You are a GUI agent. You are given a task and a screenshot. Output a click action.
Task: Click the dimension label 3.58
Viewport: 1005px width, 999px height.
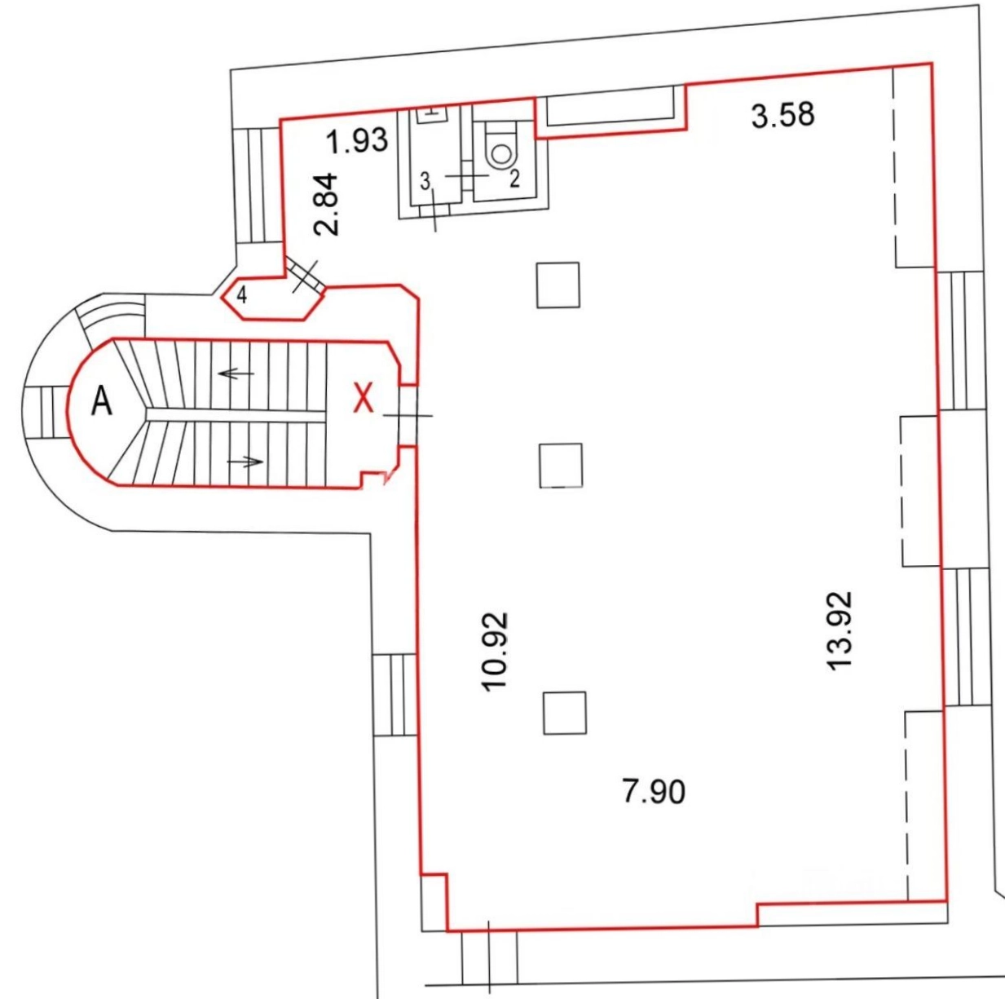click(x=782, y=115)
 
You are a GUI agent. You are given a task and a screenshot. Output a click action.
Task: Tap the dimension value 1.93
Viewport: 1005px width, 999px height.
click(x=357, y=141)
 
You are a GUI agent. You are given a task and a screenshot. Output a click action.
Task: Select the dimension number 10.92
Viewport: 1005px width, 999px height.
click(x=495, y=652)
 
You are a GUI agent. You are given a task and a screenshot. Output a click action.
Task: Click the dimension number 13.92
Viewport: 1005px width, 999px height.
click(x=840, y=630)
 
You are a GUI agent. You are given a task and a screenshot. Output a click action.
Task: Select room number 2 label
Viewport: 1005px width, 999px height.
click(x=514, y=179)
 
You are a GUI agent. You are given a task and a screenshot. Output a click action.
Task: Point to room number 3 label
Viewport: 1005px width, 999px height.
click(x=425, y=182)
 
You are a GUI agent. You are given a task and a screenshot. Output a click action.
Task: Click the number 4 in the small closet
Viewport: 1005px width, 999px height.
click(x=241, y=295)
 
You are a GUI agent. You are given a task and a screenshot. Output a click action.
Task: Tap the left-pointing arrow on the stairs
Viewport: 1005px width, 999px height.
click(x=236, y=374)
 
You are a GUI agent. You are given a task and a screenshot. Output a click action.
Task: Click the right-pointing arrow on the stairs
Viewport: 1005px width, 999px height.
click(x=245, y=462)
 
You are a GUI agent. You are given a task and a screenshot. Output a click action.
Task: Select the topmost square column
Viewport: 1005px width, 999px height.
click(x=558, y=285)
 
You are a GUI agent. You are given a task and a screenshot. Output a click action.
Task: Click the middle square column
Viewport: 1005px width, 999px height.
click(x=561, y=465)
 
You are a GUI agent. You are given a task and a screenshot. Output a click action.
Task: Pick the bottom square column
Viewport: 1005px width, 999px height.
click(x=564, y=713)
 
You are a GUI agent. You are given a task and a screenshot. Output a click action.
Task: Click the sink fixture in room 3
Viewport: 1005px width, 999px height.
click(x=432, y=114)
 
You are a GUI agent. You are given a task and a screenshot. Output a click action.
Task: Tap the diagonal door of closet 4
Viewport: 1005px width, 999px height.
click(x=305, y=275)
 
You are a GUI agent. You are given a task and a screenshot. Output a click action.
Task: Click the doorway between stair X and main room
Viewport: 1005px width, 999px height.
click(x=408, y=415)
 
